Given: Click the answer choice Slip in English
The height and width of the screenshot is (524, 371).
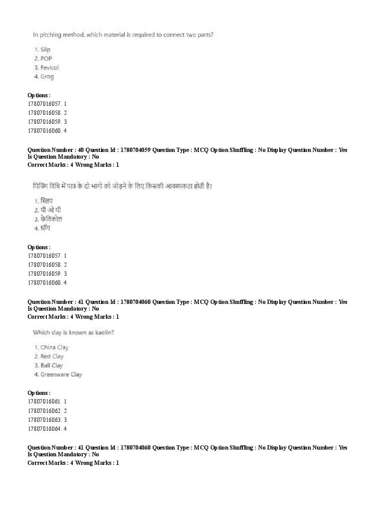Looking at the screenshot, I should pos(45,49).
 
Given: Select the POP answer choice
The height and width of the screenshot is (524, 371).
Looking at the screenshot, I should pos(46,58).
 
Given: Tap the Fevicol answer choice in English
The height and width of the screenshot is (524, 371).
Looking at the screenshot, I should pos(49,68).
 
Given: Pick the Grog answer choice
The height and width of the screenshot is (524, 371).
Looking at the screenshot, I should pos(47,77).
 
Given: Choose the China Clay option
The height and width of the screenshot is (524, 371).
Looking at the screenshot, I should pos(54,347).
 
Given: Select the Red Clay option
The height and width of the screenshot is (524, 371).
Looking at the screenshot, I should pos(52,356).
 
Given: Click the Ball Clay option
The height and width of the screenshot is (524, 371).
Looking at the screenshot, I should pos(52,365).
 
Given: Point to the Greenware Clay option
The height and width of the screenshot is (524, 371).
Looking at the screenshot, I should pos(61,374).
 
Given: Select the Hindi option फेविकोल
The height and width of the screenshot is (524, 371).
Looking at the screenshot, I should pos(51,219).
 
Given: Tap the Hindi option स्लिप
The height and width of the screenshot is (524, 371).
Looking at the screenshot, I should pos(46,201).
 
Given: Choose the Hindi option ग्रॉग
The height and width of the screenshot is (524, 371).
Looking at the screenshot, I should pos(45,228).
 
